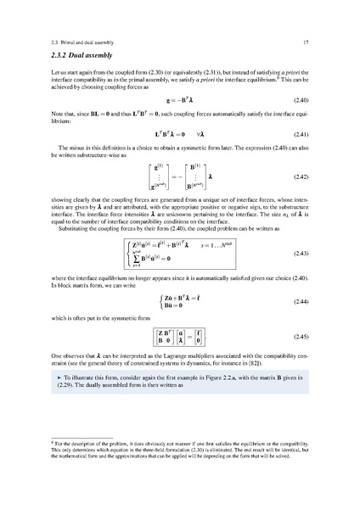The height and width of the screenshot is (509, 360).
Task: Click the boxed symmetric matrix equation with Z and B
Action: point(179,337)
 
